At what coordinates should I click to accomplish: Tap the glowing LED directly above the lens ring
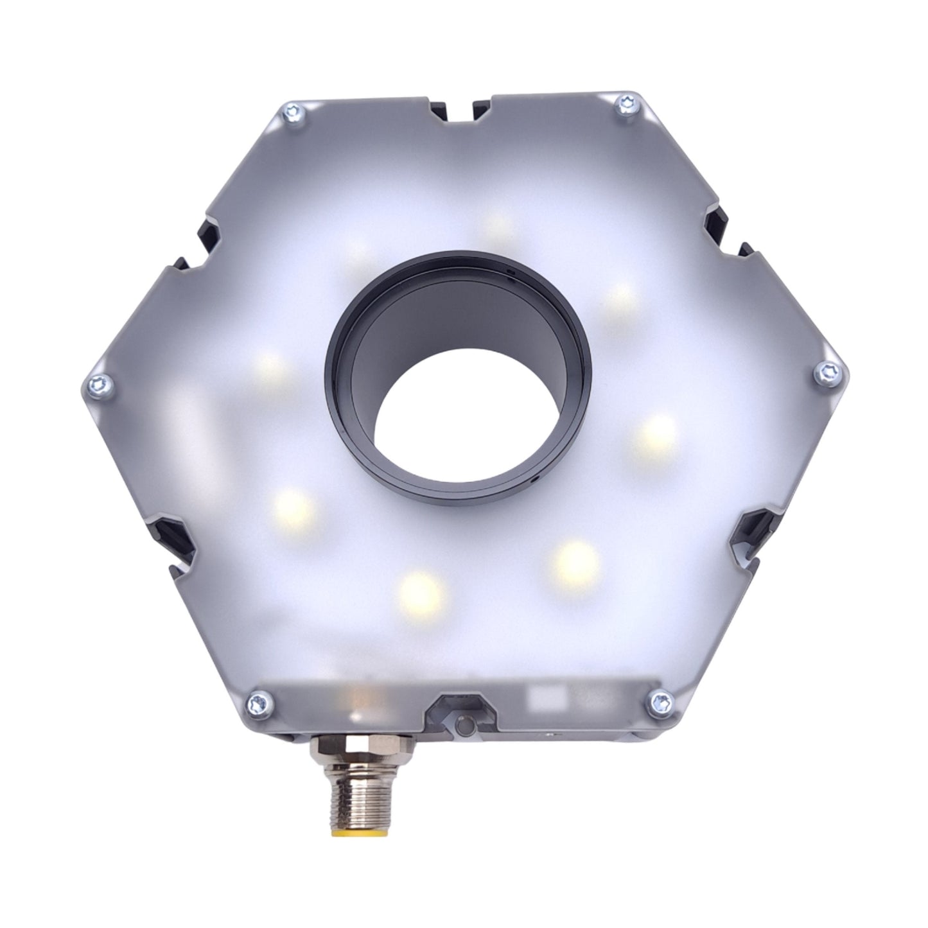[x=498, y=224]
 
